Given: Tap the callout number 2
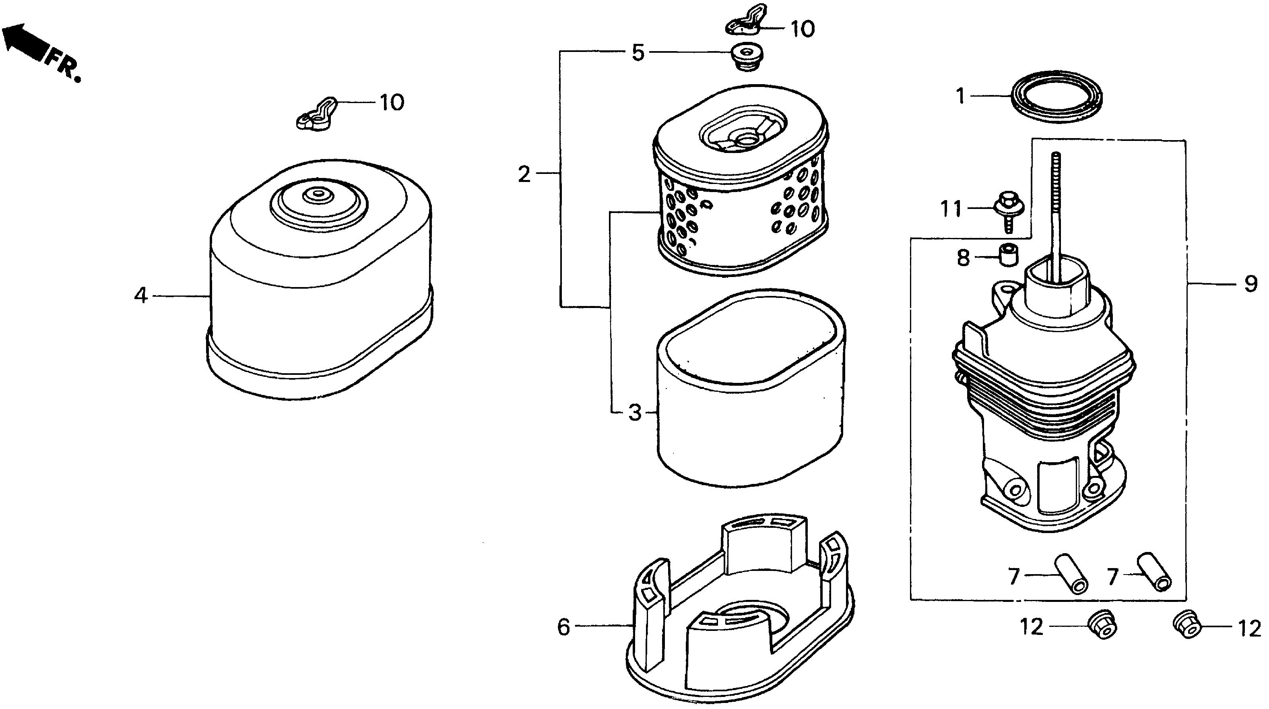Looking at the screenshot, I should [524, 174].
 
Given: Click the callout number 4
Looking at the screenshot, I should [141, 296].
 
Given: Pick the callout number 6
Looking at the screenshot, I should [563, 627].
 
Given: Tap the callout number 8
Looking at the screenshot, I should [964, 258].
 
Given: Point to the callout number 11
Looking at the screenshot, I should [951, 209].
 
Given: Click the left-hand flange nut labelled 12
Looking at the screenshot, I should [1102, 626].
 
